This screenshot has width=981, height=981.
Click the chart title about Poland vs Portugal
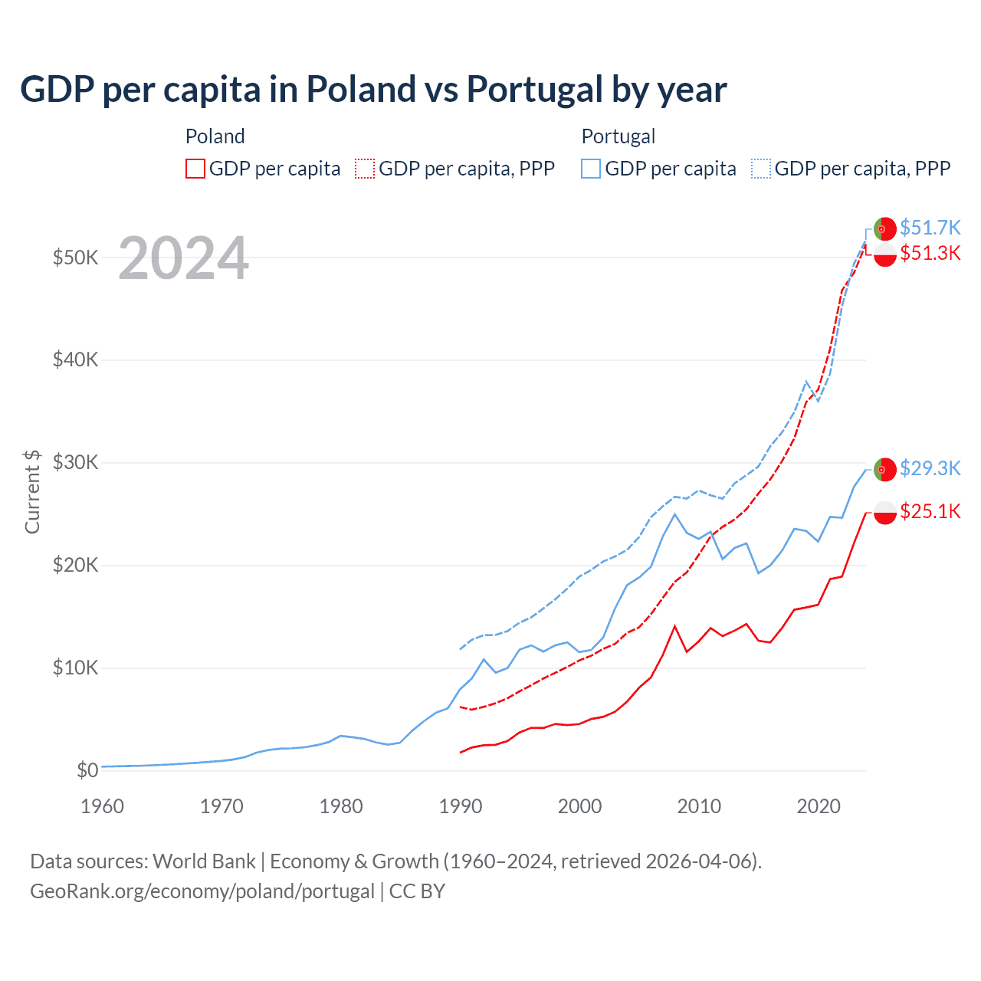(373, 89)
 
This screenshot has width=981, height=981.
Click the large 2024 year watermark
(184, 258)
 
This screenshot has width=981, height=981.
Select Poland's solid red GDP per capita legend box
(195, 169)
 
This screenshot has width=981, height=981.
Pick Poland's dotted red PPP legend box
(365, 169)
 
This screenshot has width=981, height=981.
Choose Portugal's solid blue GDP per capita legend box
(591, 169)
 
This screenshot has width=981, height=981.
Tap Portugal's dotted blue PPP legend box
(761, 169)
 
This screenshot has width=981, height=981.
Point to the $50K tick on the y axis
(75, 258)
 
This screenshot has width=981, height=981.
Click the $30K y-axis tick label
(75, 463)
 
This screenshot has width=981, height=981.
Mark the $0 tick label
(87, 770)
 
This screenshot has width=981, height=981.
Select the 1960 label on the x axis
(102, 806)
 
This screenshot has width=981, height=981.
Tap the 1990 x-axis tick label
(461, 806)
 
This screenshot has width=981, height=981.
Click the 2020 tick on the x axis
(819, 806)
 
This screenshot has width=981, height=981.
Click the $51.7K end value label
(930, 228)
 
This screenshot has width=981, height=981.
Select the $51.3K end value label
(930, 254)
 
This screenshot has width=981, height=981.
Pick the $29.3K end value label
(930, 468)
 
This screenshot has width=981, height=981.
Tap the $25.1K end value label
(930, 511)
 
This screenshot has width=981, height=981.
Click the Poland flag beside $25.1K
(885, 512)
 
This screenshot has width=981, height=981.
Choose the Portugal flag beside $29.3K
(885, 469)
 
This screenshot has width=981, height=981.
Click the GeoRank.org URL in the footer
(202, 891)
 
